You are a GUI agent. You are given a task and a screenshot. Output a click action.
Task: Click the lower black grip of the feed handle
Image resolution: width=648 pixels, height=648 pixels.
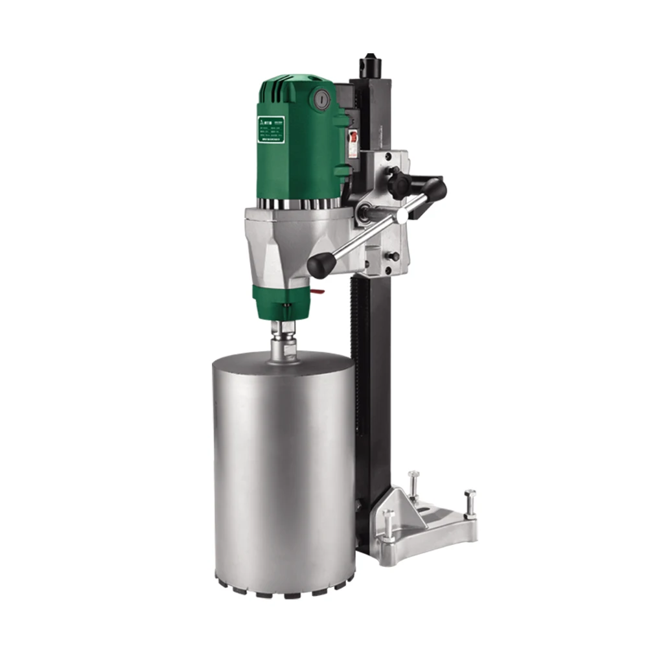[321, 264]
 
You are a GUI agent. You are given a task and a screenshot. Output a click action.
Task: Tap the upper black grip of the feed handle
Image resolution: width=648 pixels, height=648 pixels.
[432, 190]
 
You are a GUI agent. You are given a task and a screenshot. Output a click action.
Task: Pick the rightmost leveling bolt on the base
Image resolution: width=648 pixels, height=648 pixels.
[470, 503]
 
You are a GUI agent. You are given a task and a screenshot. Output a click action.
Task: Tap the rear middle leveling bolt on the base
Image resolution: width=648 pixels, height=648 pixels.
[413, 483]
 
